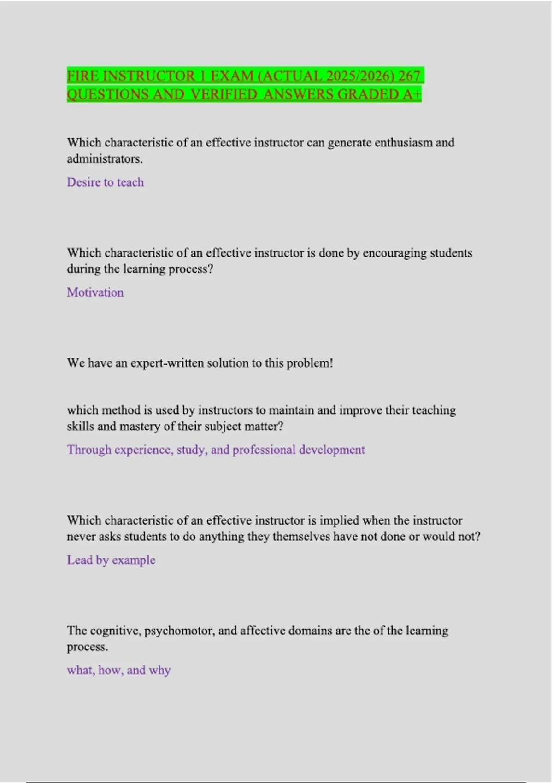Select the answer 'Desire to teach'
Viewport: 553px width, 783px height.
pos(105,182)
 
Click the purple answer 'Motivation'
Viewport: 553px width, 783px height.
pos(95,292)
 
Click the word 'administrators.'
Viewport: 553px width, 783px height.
pos(105,159)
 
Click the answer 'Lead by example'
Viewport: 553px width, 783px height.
pos(111,560)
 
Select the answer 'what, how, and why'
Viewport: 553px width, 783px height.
pos(118,670)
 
